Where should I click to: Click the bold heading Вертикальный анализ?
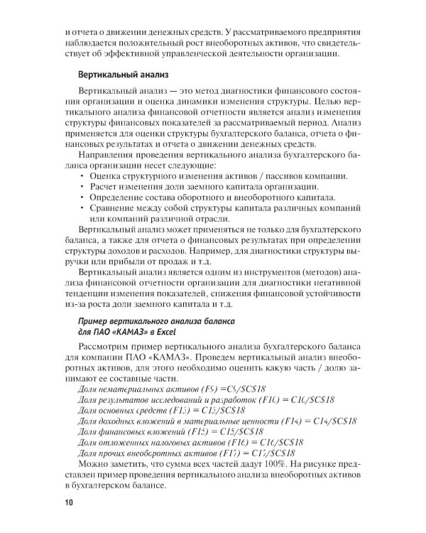121,73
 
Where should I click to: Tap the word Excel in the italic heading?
163,330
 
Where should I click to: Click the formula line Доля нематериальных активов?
170,389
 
